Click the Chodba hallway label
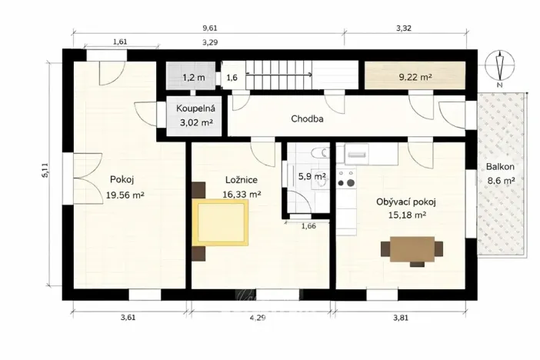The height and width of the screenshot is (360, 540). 307,119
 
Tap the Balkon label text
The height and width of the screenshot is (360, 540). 499,167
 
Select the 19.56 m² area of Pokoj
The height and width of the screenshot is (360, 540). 125,195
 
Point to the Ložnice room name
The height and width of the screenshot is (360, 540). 241,180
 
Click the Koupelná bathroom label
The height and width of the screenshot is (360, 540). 195,108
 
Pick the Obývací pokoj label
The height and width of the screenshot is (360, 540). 406,202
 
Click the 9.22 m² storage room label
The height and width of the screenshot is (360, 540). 415,77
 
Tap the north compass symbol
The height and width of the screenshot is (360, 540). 500,68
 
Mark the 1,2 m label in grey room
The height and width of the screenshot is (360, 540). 193,78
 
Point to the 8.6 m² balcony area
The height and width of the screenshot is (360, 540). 501,182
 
